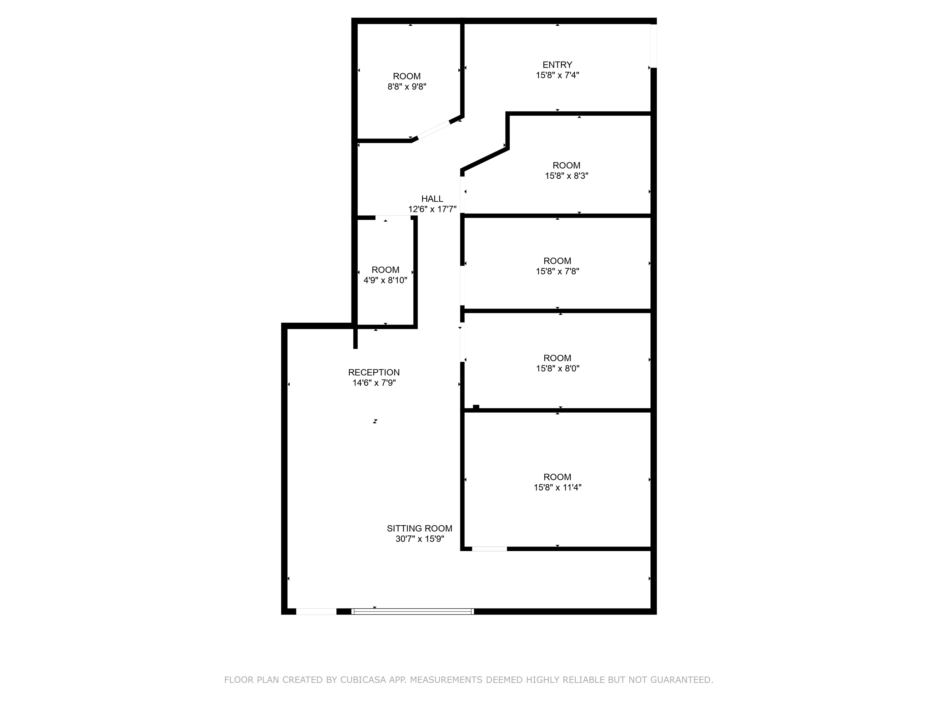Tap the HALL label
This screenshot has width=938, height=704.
pyautogui.click(x=432, y=199)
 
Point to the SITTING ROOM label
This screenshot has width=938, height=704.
pyautogui.click(x=419, y=529)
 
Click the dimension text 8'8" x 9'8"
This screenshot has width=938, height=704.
pyautogui.click(x=407, y=87)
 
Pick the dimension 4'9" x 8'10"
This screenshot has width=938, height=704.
pyautogui.click(x=385, y=280)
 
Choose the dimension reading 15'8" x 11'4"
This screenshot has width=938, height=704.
pyautogui.click(x=557, y=487)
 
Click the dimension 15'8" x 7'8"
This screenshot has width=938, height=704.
pyautogui.click(x=557, y=272)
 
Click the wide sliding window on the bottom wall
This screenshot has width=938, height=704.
pyautogui.click(x=413, y=611)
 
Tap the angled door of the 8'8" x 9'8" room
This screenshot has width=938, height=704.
pyautogui.click(x=434, y=130)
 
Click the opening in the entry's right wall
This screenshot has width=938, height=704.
pyautogui.click(x=653, y=46)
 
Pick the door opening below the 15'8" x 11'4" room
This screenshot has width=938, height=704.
pyautogui.click(x=489, y=549)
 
